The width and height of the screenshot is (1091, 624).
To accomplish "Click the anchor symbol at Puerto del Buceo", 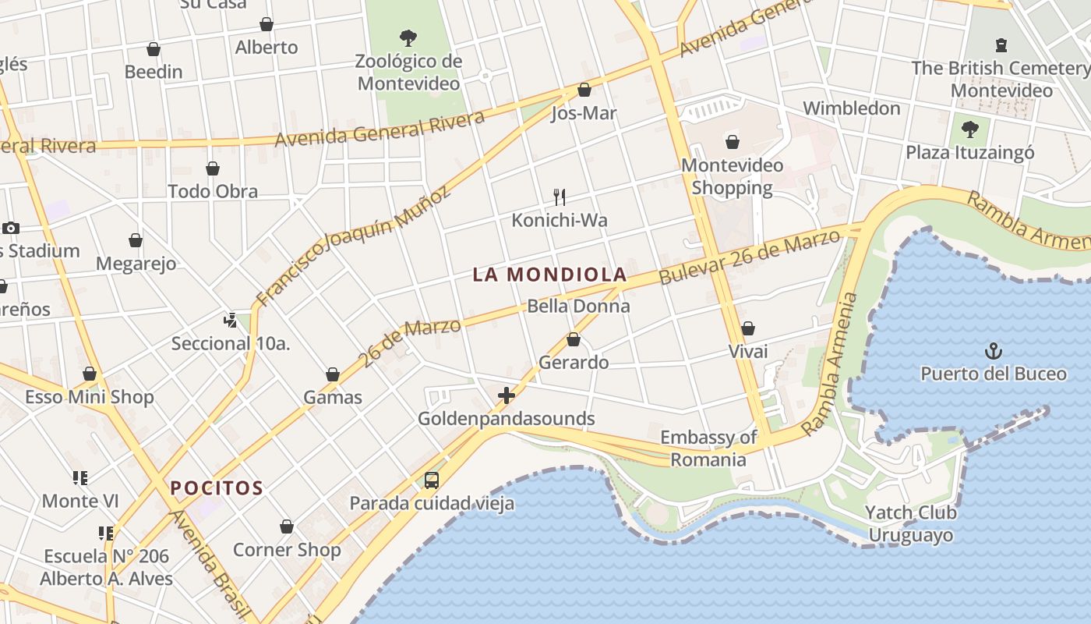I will [x=993, y=351].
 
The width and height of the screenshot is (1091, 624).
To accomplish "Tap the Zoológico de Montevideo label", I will [x=408, y=72].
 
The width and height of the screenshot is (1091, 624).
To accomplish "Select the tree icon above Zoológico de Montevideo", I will [x=408, y=37].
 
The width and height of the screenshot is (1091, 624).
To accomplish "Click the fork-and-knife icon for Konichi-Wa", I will [x=559, y=197].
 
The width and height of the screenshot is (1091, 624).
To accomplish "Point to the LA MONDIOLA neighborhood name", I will [x=549, y=275].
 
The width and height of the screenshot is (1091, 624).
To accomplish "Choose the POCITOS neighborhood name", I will [x=217, y=489].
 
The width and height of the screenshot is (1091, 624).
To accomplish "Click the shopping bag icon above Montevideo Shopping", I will [x=732, y=142].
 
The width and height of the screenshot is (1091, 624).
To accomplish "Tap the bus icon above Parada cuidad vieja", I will [x=432, y=480].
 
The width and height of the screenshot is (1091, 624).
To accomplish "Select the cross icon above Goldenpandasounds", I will [x=507, y=395].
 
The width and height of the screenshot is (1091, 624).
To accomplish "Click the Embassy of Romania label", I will [x=708, y=448].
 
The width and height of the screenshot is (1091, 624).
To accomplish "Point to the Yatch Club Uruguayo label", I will [x=910, y=524].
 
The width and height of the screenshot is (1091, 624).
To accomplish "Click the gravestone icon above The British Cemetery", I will [x=1001, y=45].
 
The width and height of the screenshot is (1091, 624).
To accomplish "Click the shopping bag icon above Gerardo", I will [x=574, y=339].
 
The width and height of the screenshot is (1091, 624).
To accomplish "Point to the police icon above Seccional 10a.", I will [x=230, y=320].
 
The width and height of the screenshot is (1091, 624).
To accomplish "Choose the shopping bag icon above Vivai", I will [x=747, y=328].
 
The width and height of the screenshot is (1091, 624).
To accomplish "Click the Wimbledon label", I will [x=852, y=108].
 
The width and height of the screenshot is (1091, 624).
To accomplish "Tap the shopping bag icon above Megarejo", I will [x=136, y=240].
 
